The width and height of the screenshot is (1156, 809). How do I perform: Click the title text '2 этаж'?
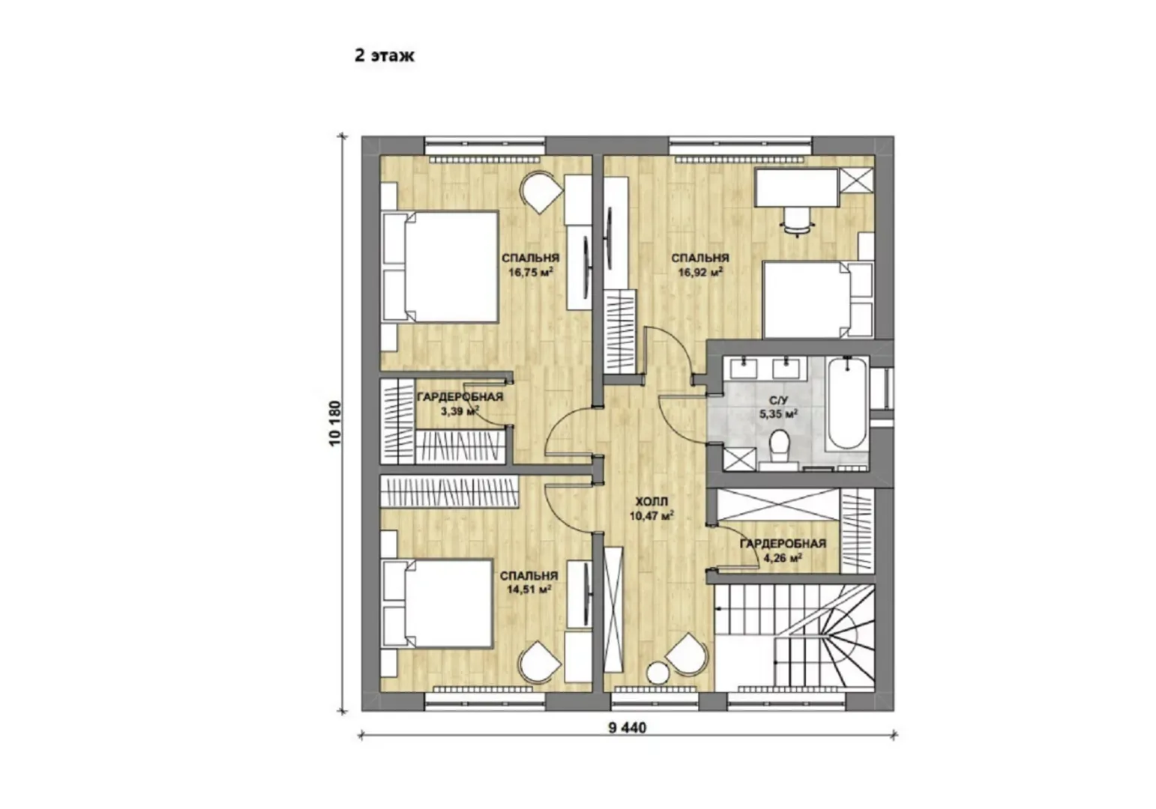[x=385, y=55]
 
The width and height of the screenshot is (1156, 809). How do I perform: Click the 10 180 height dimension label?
[x=335, y=423]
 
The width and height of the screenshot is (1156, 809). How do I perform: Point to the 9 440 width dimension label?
[x=627, y=727]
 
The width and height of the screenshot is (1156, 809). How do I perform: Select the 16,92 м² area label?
[x=699, y=272]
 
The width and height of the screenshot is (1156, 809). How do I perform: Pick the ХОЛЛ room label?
[x=651, y=501]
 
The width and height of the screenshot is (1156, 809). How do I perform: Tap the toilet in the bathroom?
[x=779, y=449]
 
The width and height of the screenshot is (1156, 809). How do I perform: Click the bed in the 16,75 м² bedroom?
[x=439, y=267]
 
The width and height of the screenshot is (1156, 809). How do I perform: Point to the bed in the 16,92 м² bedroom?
[x=817, y=300]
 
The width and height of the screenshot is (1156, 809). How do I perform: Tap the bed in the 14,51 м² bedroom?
[x=437, y=603]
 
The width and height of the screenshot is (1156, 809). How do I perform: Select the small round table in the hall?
[x=658, y=673]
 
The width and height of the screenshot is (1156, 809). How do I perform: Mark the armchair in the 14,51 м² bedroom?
[x=541, y=663]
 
